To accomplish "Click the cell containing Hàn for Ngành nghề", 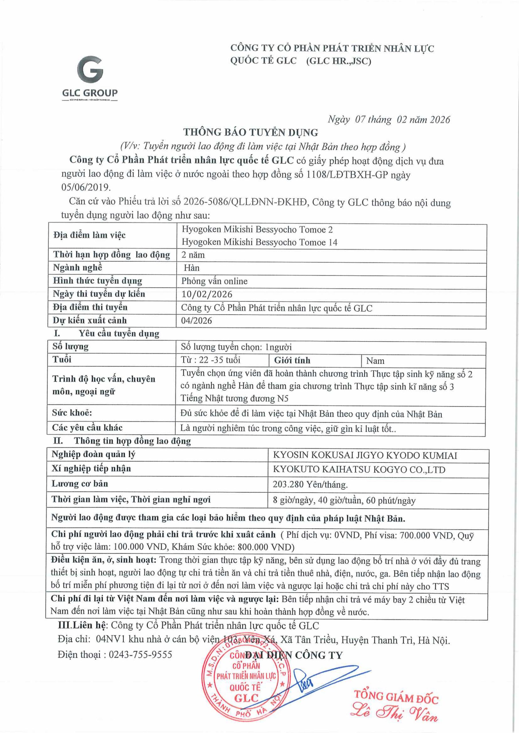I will pyautogui.click(x=192, y=268).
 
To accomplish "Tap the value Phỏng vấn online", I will pyautogui.click(x=214, y=281).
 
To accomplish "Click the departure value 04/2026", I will pyautogui.click(x=197, y=320).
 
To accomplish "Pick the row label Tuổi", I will pyautogui.click(x=62, y=360).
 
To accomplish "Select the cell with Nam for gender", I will pyautogui.click(x=375, y=361).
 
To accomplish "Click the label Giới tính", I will pyautogui.click(x=292, y=360).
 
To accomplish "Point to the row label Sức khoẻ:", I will pyautogui.click(x=72, y=413).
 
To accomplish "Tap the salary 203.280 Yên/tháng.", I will pyautogui.click(x=310, y=485).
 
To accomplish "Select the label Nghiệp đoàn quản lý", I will pyautogui.click(x=93, y=455).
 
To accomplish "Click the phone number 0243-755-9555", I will pyautogui.click(x=141, y=655).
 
